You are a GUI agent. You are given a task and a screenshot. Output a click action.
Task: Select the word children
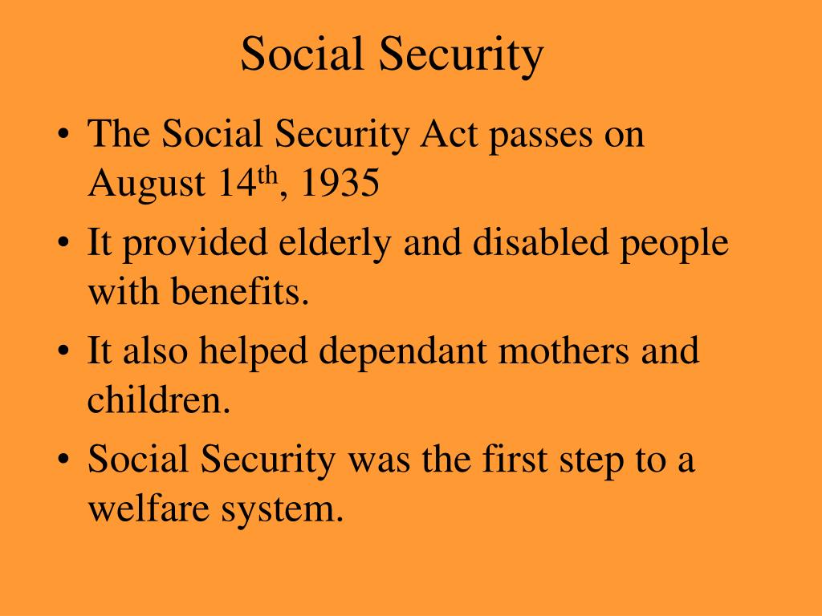pos(157,400)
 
